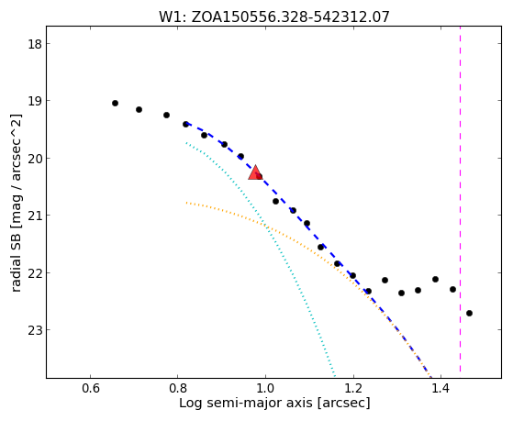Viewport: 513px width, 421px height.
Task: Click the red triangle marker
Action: coord(255,173)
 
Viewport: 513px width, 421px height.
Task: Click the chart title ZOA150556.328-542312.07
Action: coord(290,17)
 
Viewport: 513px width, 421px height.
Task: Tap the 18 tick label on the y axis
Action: coord(35,44)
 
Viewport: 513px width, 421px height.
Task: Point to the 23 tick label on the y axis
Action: coord(35,330)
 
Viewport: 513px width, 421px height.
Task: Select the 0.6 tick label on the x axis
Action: coord(90,389)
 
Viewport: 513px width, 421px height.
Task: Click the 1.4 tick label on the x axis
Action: coord(441,389)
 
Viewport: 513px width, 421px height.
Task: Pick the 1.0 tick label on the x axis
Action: coord(265,389)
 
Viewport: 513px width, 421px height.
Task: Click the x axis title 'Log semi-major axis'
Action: coord(246,403)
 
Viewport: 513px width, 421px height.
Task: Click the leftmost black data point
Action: coord(115,104)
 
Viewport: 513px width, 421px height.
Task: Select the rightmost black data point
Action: coord(469,314)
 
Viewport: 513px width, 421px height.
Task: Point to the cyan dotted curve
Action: coord(269,229)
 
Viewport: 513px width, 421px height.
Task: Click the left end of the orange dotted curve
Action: coord(186,203)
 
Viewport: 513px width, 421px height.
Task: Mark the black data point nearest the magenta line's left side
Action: coord(452,290)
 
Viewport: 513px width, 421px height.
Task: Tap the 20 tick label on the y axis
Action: coord(35,159)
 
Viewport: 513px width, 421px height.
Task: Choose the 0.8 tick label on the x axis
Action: coord(177,389)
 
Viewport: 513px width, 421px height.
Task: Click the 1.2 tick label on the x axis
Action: coord(353,389)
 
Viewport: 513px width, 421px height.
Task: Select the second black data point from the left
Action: coord(139,109)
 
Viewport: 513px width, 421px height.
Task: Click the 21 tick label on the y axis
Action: coord(35,216)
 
